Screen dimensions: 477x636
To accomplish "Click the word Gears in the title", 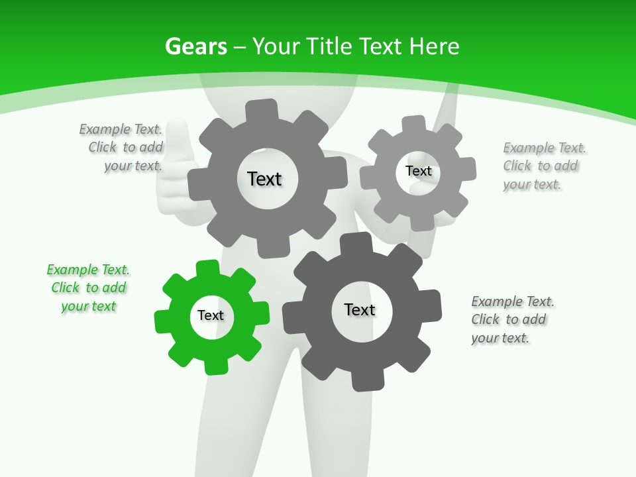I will click(x=196, y=46).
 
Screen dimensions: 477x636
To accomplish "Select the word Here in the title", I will click(x=434, y=46).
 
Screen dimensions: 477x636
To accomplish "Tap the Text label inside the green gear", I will click(x=211, y=315).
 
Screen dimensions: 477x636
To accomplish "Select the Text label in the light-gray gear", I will click(x=418, y=171).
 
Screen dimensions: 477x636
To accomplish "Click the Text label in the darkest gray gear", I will click(x=360, y=309).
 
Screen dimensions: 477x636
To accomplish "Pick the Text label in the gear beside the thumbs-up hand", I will click(x=264, y=179).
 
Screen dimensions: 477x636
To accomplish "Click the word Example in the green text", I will click(x=73, y=270).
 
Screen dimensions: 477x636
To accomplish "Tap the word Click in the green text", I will click(x=66, y=288).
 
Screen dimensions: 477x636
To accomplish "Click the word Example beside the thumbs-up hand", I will click(x=105, y=129).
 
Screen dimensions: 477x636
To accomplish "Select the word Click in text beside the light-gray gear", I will click(x=517, y=166).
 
